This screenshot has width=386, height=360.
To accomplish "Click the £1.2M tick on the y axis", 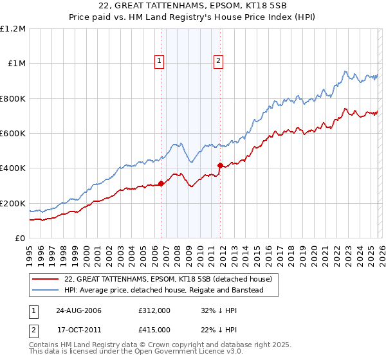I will pyautogui.click(x=14, y=29).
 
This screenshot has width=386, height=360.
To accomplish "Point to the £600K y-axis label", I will pyautogui.click(x=13, y=134).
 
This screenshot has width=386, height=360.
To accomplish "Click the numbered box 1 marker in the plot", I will pyautogui.click(x=159, y=61).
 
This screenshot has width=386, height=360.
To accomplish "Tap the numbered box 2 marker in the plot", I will pyautogui.click(x=218, y=61).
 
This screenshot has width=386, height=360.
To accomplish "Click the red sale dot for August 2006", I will pyautogui.click(x=161, y=184).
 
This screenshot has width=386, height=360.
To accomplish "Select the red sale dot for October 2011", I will pyautogui.click(x=220, y=166).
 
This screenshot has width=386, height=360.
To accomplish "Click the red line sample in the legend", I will pyautogui.click(x=45, y=279).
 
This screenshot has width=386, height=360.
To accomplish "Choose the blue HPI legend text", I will pyautogui.click(x=172, y=291).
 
